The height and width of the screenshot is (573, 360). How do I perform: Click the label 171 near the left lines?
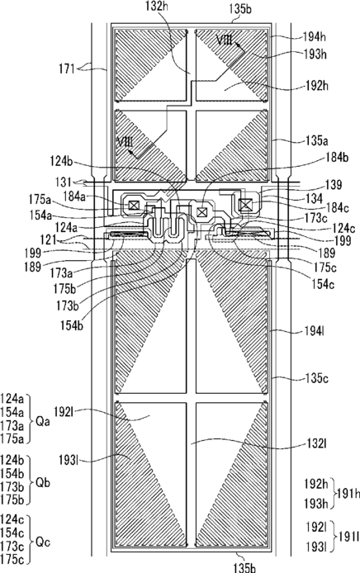coord(67,69)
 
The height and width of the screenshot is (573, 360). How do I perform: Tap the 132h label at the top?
coord(156,7)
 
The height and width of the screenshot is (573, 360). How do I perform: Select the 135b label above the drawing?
coord(240,9)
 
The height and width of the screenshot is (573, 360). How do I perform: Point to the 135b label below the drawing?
coord(244,567)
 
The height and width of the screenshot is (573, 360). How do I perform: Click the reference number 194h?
coord(315,36)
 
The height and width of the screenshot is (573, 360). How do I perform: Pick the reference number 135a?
coord(317,140)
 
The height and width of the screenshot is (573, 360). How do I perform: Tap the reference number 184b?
coord(337,157)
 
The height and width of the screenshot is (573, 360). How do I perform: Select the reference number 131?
coord(64,182)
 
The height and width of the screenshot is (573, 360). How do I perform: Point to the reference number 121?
coord(49,240)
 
